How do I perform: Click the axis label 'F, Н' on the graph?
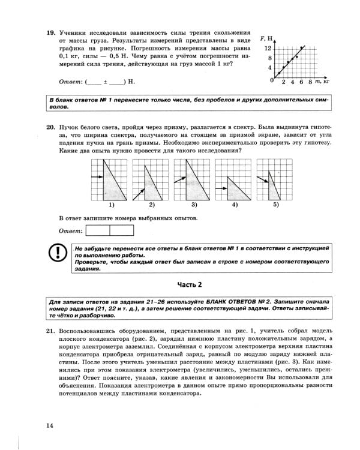267,38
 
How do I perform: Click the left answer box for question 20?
98,230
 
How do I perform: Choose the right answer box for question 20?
122,230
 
